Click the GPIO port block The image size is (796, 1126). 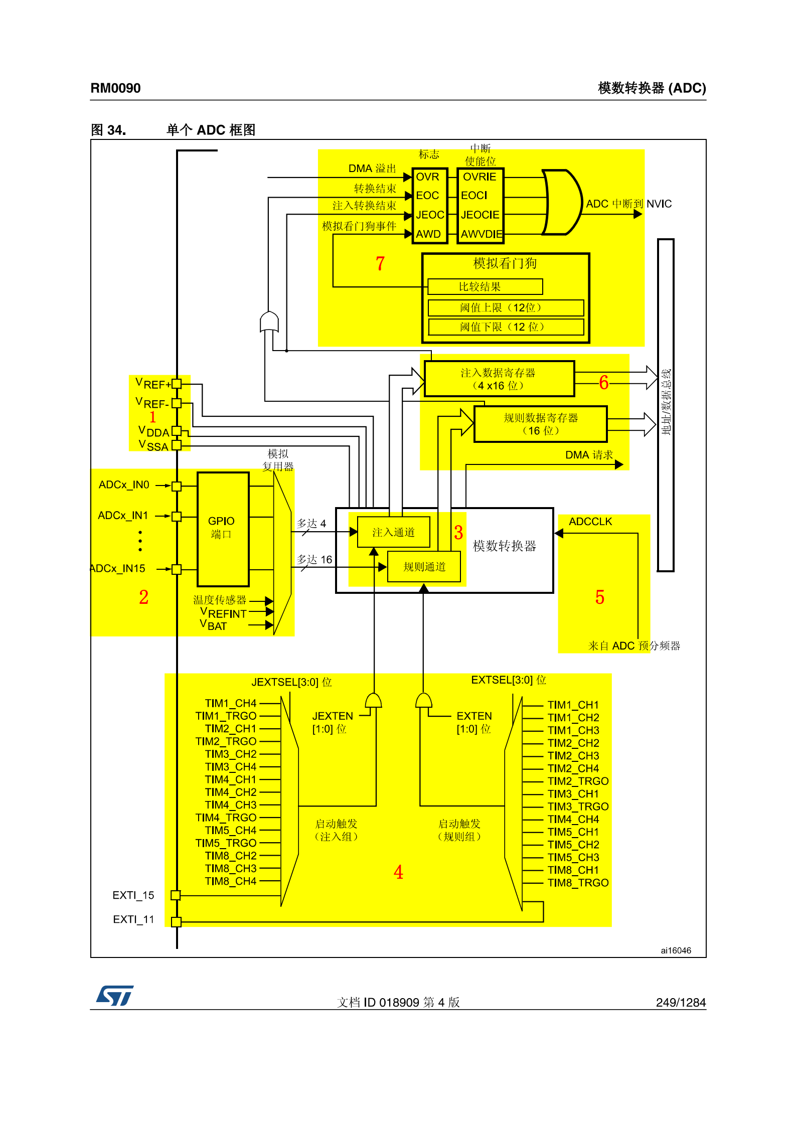(223, 529)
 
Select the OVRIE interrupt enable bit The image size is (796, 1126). (480, 177)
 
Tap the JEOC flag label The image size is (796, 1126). (430, 215)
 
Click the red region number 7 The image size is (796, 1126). (380, 263)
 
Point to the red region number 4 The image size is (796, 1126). (398, 872)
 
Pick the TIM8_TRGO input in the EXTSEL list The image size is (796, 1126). (578, 883)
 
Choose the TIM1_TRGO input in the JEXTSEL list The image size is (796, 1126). (226, 716)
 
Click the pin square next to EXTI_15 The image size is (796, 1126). (176, 895)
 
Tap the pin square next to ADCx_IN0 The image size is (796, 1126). (177, 486)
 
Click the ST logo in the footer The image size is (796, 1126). (115, 996)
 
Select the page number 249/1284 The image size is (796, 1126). (681, 1002)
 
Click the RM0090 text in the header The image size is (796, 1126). (115, 88)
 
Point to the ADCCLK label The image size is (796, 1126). (590, 522)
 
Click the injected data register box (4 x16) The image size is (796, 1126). (499, 379)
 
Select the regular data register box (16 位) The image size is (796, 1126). (540, 424)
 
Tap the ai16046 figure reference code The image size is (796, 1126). (676, 950)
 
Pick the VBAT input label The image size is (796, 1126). (214, 625)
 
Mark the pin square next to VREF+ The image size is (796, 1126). (177, 384)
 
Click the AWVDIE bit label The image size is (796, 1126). (482, 234)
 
